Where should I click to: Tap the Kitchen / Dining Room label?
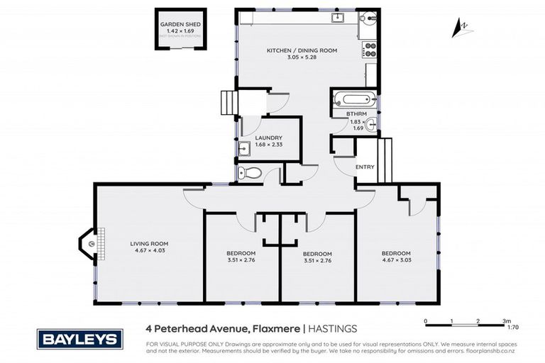click(301, 51)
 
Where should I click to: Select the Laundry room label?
click(269, 138)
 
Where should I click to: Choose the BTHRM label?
click(356, 113)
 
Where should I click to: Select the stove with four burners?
click(369, 50)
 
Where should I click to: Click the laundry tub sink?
click(243, 148)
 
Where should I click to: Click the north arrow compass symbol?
click(462, 28)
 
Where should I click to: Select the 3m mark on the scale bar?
click(505, 321)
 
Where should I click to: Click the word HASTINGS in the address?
click(334, 328)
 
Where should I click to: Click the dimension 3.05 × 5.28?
click(301, 58)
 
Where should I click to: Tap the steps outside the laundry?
click(227, 103)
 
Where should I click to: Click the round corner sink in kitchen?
click(369, 21)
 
